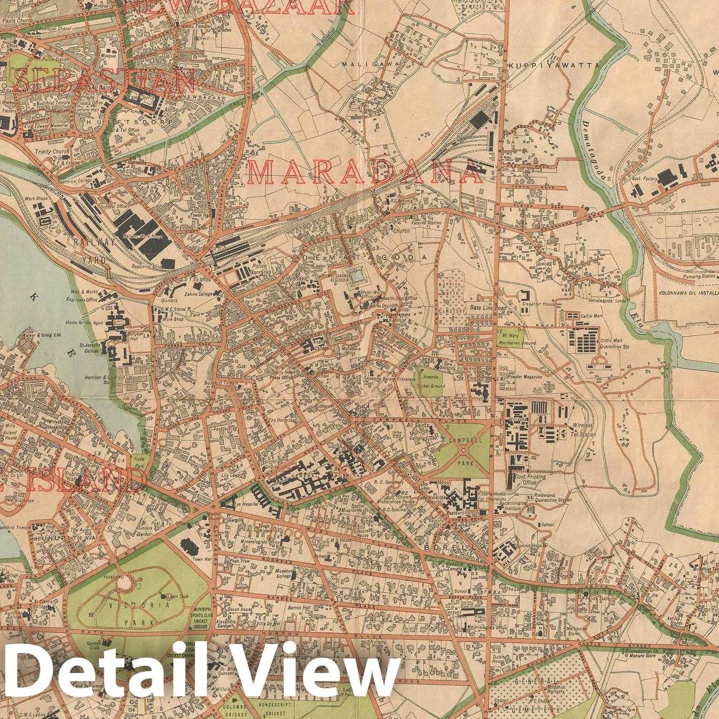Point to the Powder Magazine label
pos(526,377)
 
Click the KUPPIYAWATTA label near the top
pos(554,66)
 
